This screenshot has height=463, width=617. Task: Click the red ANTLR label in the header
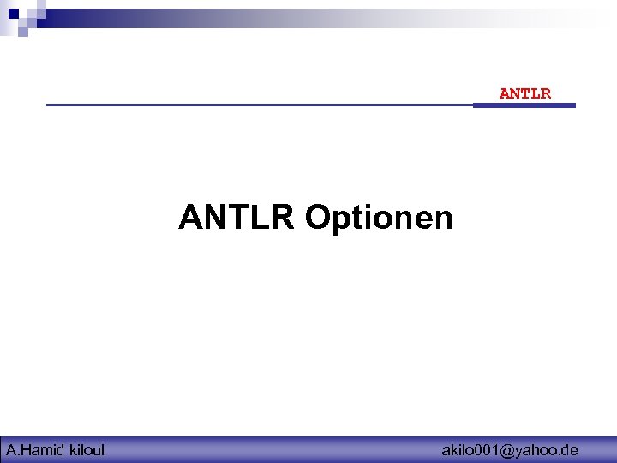525,93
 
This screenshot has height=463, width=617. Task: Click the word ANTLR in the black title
237,218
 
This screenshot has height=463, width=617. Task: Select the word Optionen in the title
379,219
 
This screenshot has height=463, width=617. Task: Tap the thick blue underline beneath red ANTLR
524,105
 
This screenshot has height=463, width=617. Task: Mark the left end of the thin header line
48,105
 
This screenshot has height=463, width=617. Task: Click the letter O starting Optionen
319,218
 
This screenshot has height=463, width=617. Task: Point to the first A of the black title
190,218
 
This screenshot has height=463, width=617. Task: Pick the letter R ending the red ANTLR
546,93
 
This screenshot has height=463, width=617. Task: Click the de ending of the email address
570,449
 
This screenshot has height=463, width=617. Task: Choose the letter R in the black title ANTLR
284,218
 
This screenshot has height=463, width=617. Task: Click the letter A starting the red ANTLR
505,93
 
